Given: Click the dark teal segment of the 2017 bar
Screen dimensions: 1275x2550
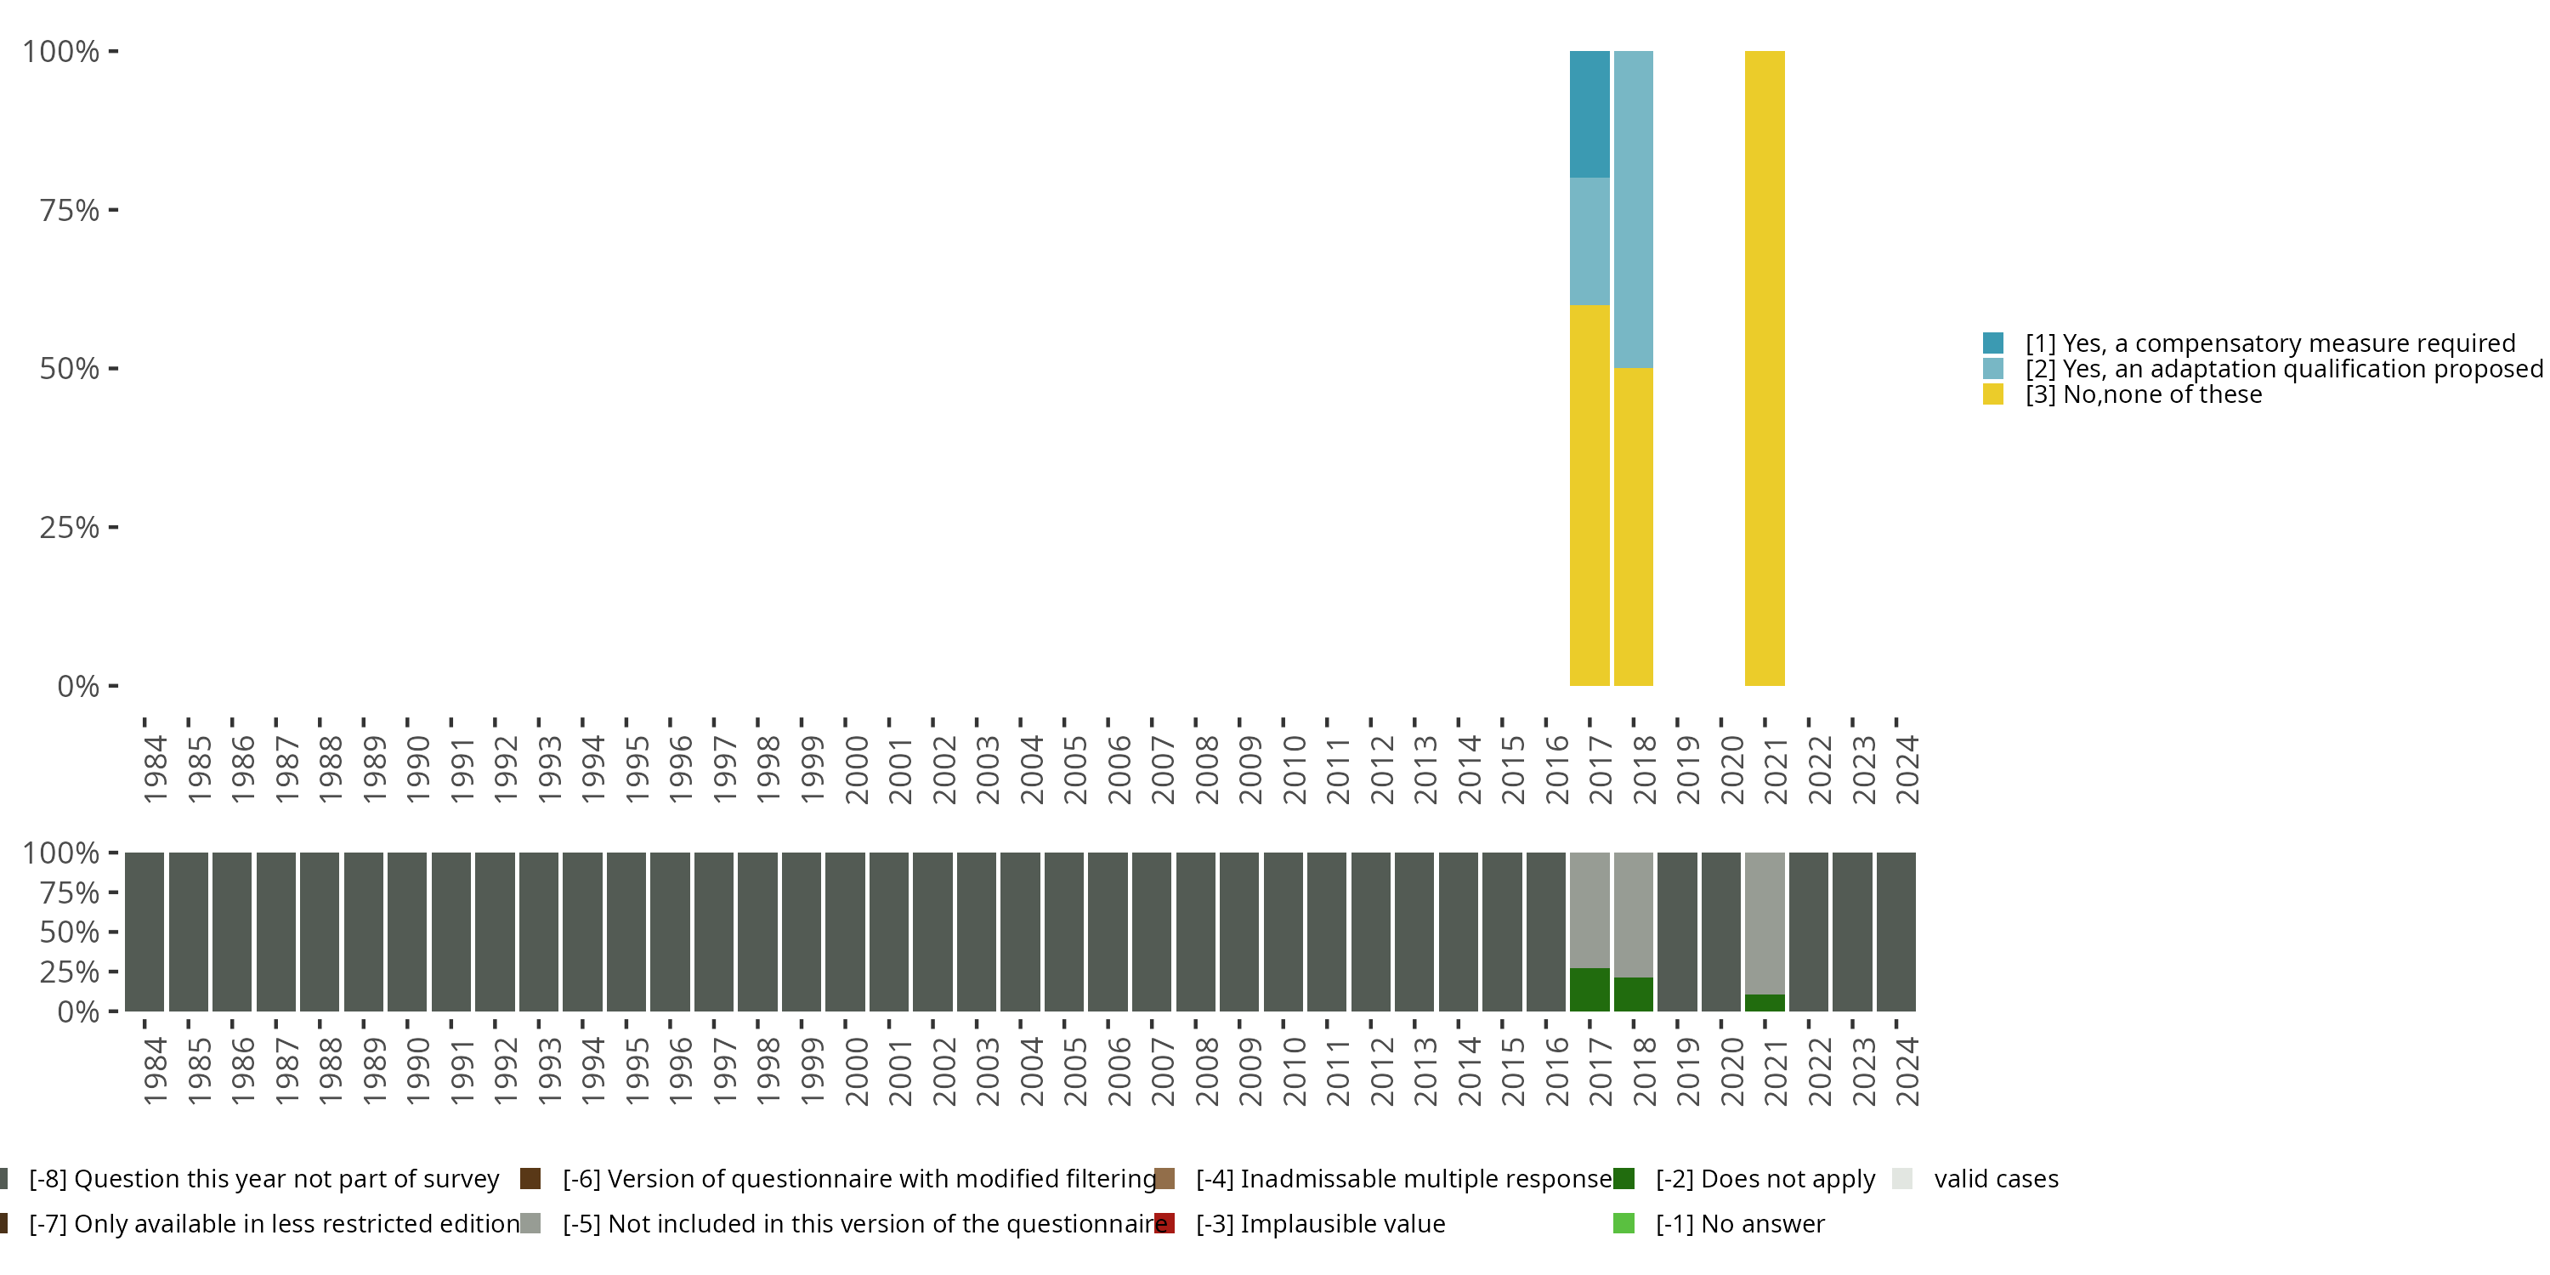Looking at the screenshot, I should (x=1589, y=114).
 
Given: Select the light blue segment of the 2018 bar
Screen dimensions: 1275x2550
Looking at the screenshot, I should (x=1632, y=209).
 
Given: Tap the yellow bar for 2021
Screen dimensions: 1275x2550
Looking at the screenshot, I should (x=1764, y=367).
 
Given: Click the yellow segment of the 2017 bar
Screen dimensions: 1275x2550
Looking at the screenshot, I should (x=1589, y=495).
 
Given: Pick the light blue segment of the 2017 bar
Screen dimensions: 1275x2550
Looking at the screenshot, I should (x=1589, y=241).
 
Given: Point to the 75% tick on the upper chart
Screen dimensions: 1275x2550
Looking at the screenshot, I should (x=113, y=210).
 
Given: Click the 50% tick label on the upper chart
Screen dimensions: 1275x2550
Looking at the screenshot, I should (x=70, y=369).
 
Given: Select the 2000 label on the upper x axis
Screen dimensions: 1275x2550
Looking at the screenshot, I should (x=856, y=769).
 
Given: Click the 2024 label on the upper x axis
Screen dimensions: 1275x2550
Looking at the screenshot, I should (x=1907, y=769).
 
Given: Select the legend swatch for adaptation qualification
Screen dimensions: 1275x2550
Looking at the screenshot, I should (x=1992, y=369).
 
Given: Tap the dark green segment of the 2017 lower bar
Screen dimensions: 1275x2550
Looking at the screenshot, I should (x=1589, y=990).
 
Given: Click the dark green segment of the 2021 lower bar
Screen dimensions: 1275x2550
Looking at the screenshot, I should (x=1764, y=1003).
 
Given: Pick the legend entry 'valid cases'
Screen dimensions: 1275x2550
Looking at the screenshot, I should (x=1996, y=1179).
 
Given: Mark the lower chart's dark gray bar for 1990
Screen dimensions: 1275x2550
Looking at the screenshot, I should (x=407, y=932).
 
